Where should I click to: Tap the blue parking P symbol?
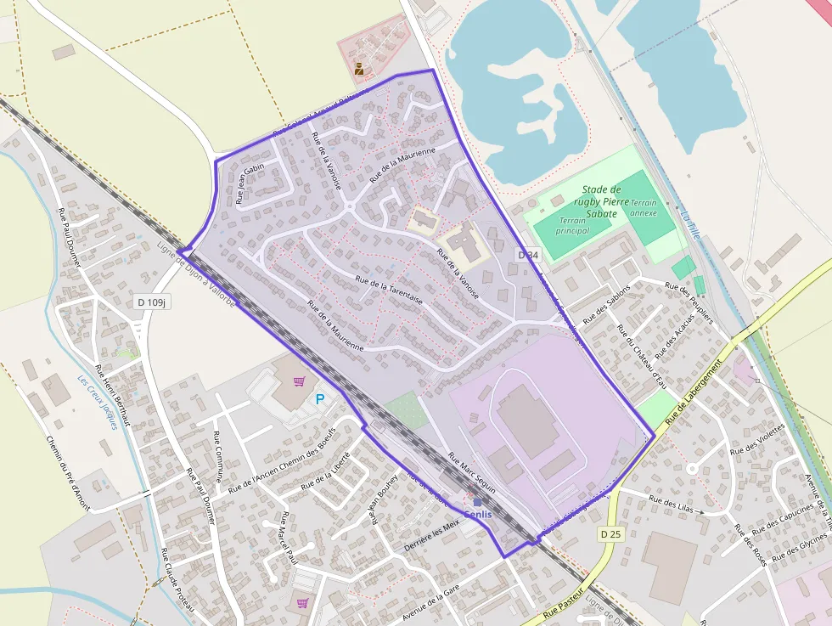[x=320, y=398]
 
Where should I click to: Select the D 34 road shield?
[x=528, y=256]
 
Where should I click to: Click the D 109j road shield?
[x=153, y=302]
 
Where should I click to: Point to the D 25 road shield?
[x=610, y=534]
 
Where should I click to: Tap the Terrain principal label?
[x=573, y=225]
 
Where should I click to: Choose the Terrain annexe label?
[x=644, y=209]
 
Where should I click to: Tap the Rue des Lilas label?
[x=672, y=505]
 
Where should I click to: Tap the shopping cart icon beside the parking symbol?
[x=299, y=381]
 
